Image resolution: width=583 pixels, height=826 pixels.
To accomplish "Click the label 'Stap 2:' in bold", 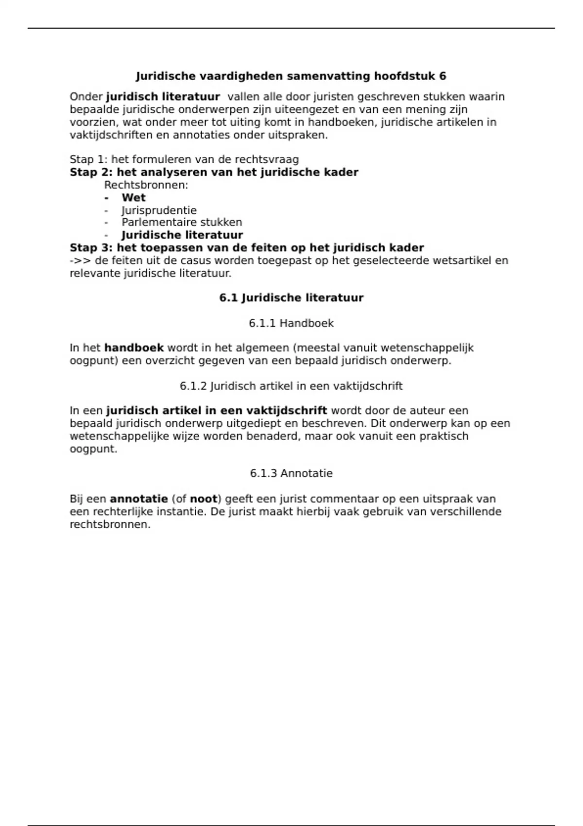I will [x=91, y=172].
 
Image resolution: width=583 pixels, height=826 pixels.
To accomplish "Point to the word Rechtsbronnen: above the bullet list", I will [x=146, y=185].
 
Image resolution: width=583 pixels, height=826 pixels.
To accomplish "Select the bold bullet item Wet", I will [x=134, y=198].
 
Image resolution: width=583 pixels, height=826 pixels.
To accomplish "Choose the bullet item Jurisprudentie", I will [x=159, y=210].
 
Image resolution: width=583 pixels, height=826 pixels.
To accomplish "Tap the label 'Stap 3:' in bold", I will [x=91, y=248].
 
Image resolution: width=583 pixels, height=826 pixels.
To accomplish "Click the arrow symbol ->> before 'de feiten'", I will [x=81, y=260].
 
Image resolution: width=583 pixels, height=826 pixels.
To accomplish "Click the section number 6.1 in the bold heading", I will [x=228, y=298].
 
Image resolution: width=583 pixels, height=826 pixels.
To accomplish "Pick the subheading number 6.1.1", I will [x=262, y=323].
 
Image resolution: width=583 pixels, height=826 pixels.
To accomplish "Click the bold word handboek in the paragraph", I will [x=134, y=348].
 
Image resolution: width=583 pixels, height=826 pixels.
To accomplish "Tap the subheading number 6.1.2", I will [x=193, y=386].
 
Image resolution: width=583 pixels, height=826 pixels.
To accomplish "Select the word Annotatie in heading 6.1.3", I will [x=307, y=473].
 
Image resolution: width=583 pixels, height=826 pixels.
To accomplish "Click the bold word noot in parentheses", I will [x=204, y=499].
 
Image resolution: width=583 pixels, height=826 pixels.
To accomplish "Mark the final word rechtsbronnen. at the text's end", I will [x=110, y=524].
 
